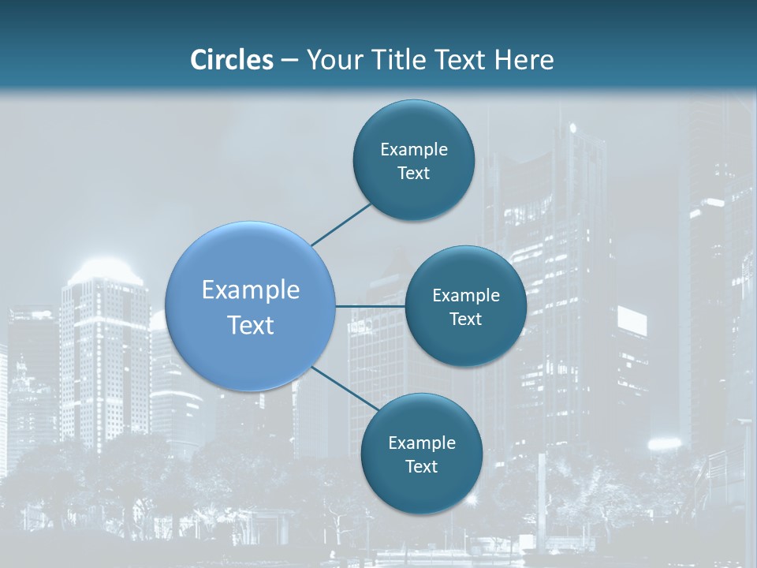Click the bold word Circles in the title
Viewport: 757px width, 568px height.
(231, 60)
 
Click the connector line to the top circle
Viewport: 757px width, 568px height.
(341, 224)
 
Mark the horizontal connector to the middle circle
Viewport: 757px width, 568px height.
(370, 306)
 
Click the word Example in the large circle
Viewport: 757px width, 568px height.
(251, 290)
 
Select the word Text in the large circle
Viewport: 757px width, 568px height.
(251, 325)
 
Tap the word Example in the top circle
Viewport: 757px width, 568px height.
(414, 150)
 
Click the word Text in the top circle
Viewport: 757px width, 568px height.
(413, 174)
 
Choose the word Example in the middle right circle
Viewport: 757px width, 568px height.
(466, 296)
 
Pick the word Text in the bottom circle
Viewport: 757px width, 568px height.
(421, 467)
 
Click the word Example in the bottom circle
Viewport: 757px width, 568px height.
(422, 443)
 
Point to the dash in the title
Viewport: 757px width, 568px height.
(289, 60)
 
